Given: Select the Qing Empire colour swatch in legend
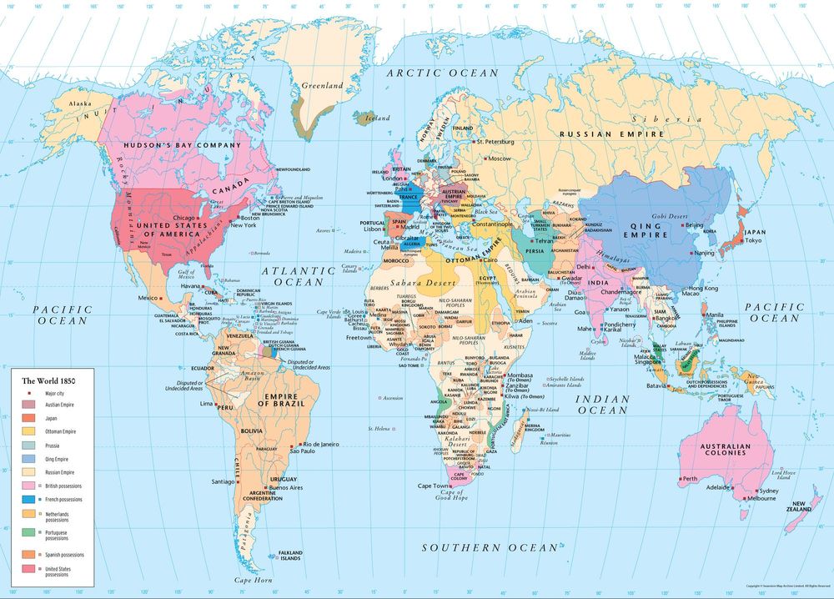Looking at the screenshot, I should [29, 458].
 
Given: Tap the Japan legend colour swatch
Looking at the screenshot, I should [29, 418].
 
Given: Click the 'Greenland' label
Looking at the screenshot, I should [322, 86].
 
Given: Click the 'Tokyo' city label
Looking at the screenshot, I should [754, 241].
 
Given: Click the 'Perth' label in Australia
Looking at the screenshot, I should [690, 479].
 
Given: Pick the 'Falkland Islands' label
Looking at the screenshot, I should [290, 556].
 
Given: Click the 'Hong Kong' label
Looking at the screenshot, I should [704, 288].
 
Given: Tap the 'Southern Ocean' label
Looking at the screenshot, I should [489, 547].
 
